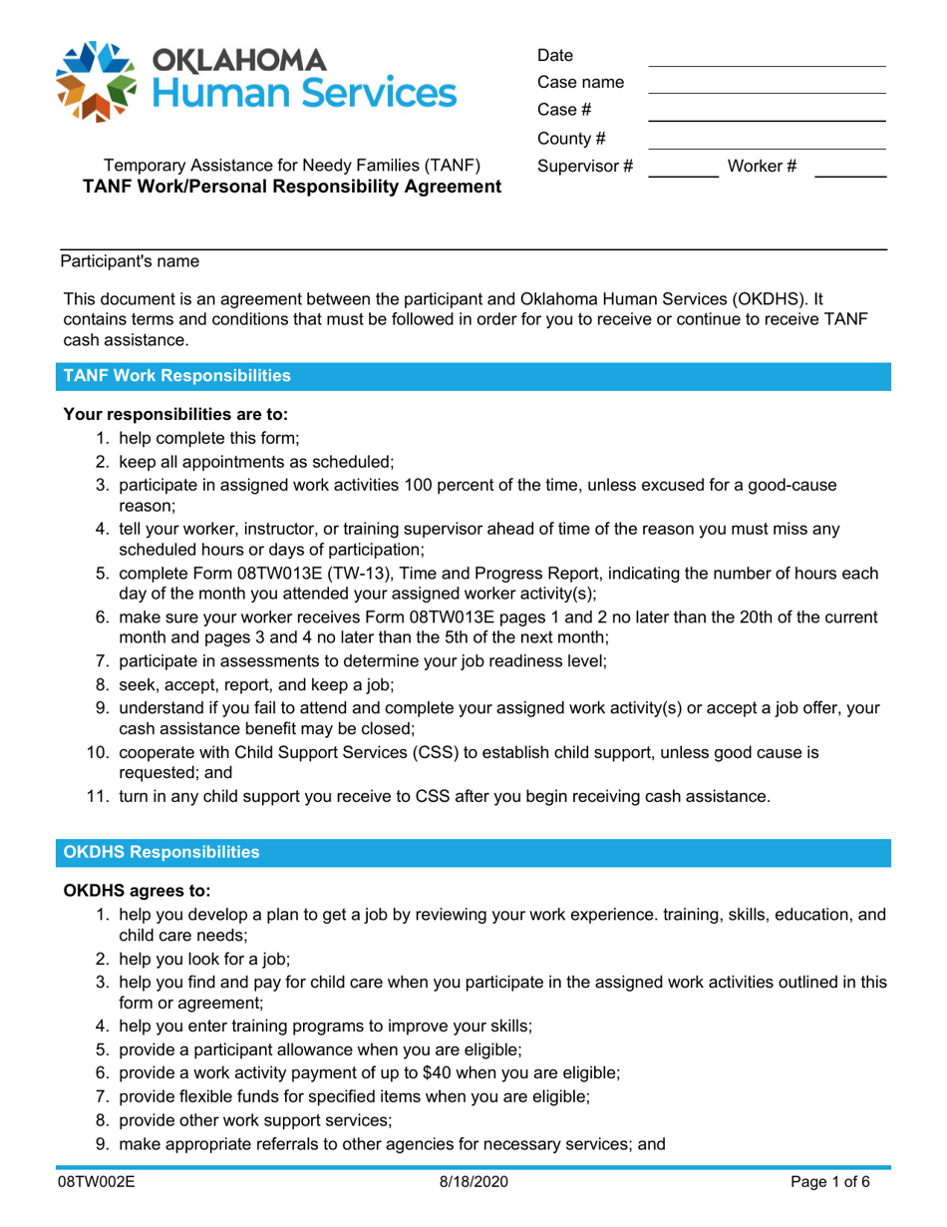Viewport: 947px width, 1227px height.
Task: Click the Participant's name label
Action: tap(130, 262)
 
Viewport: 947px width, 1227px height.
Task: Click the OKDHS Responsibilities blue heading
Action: tap(161, 852)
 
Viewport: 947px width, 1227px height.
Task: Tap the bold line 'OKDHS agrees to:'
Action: tap(136, 888)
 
